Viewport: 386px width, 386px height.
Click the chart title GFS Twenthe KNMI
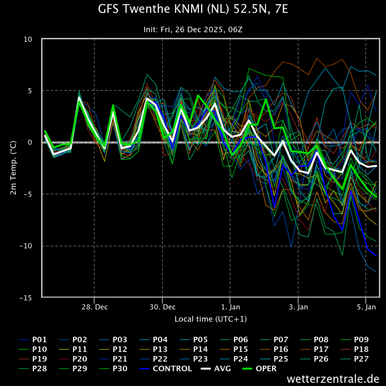pyautogui.click(x=193, y=9)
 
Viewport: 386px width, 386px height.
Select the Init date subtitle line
pyautogui.click(x=193, y=29)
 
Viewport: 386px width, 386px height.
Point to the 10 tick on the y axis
pyautogui.click(x=28, y=39)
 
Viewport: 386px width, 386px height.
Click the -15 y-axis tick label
pyautogui.click(x=26, y=298)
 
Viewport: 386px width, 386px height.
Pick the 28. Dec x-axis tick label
pyautogui.click(x=95, y=307)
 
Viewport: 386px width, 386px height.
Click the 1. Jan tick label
pyautogui.click(x=230, y=307)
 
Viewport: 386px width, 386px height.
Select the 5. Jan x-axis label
pyautogui.click(x=366, y=307)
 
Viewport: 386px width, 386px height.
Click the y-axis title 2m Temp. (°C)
pyautogui.click(x=13, y=168)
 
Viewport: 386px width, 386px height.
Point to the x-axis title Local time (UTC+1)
pyautogui.click(x=210, y=319)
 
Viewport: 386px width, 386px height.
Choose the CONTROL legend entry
pyautogui.click(x=166, y=369)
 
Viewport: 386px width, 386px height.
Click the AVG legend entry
pyautogui.click(x=216, y=369)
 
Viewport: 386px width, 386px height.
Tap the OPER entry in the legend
pyautogui.click(x=259, y=369)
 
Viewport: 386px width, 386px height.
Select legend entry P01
pyautogui.click(x=33, y=340)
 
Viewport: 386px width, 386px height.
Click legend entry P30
pyautogui.click(x=113, y=369)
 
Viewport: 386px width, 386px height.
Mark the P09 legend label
pyautogui.click(x=354, y=340)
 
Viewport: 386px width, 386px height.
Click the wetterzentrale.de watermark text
pyautogui.click(x=333, y=378)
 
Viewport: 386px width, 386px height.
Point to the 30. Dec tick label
pyautogui.click(x=162, y=307)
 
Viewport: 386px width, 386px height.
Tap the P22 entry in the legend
pyautogui.click(x=153, y=359)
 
